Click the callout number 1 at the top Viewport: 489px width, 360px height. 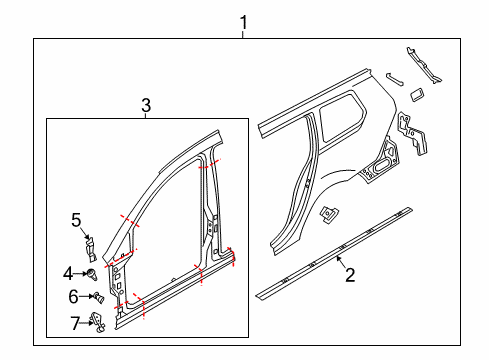tap(244, 23)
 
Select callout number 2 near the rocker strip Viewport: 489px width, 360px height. tap(350, 275)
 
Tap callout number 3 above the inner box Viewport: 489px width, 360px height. tap(146, 105)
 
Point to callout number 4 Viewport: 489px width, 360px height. tap(68, 274)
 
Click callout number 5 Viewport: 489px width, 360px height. tap(76, 220)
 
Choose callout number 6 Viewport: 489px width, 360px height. tap(73, 296)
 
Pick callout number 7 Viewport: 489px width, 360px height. tap(75, 323)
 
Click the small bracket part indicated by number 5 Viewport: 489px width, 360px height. tap(90, 249)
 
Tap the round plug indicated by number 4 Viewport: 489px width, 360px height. tap(92, 275)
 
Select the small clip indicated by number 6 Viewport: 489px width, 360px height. tap(99, 297)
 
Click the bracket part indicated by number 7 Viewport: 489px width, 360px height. tap(98, 322)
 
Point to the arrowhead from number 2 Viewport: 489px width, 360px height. tap(338, 257)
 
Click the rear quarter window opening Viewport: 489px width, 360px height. tap(343, 117)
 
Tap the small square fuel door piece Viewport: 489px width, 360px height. tap(417, 95)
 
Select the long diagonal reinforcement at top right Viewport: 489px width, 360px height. tap(424, 65)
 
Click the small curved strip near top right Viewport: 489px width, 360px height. tap(395, 79)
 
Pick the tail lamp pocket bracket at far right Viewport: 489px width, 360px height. tap(412, 134)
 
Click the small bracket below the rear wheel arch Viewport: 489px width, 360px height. tap(329, 215)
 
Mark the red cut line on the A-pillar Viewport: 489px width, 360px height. tap(130, 220)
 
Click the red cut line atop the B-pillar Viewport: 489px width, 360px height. tap(209, 164)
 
